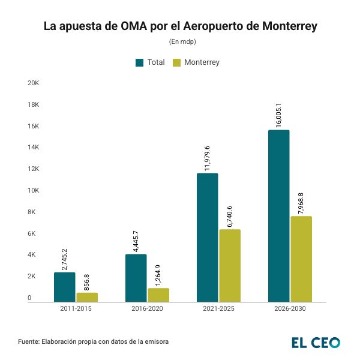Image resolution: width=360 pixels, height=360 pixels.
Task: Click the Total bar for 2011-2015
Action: pos(65,287)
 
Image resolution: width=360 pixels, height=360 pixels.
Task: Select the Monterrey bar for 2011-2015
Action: pos(87,297)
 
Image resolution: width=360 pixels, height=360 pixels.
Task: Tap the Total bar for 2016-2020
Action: pos(136,278)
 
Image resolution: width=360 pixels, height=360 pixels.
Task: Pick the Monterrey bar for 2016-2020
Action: pos(158,295)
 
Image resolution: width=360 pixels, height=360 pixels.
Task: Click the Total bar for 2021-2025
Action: pos(208,237)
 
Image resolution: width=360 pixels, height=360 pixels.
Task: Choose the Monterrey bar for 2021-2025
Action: pos(230,265)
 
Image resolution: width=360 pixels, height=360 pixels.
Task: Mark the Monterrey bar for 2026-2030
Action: pos(301,259)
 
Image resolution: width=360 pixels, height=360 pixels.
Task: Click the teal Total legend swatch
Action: pos(140,62)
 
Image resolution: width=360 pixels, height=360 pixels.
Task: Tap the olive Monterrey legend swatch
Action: pos(177,62)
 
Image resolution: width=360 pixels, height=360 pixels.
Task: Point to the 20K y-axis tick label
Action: pos(34,83)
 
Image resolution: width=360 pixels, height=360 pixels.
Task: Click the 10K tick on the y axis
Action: pos(34,190)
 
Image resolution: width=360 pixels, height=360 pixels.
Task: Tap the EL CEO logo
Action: pos(316,343)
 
